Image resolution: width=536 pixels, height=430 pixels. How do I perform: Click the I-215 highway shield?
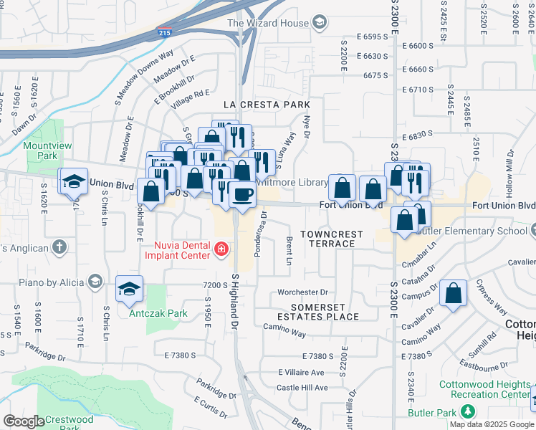[x=164, y=32]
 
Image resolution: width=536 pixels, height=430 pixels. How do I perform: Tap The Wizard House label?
[x=267, y=23]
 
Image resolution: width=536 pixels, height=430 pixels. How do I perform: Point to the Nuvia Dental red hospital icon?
[x=221, y=249]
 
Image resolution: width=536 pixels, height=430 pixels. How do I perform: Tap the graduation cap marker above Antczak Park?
[x=129, y=290]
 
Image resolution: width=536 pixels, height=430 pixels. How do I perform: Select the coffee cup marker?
[x=243, y=195]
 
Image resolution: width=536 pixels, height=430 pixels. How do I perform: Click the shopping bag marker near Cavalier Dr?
[x=454, y=293]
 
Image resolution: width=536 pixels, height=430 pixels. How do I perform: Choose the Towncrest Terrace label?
[x=327, y=239]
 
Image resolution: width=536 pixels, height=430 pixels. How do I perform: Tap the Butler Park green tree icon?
[x=468, y=411]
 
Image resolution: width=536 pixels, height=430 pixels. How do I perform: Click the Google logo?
[x=24, y=421]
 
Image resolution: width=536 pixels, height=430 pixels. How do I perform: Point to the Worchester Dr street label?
[x=302, y=292]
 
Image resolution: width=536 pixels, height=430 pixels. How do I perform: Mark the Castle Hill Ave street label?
[x=302, y=388]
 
